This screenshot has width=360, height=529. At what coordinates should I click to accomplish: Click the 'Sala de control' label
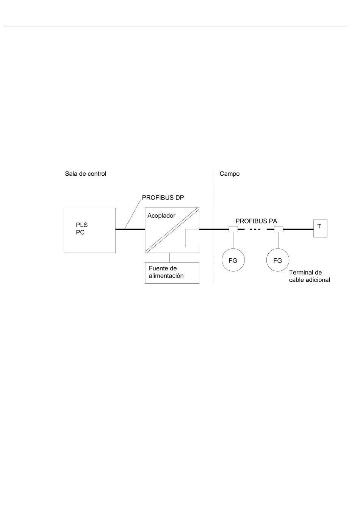pyautogui.click(x=86, y=174)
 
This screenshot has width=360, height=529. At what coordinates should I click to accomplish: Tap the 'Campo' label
pyautogui.click(x=230, y=174)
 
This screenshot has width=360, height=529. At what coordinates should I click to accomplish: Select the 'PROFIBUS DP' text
pyautogui.click(x=163, y=198)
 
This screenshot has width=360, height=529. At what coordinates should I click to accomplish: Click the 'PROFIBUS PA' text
pyautogui.click(x=256, y=221)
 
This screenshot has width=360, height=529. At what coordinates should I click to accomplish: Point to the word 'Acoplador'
pyautogui.click(x=161, y=215)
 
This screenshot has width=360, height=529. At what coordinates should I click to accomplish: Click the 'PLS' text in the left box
pyautogui.click(x=82, y=225)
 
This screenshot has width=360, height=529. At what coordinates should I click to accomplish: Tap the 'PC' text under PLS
pyautogui.click(x=80, y=233)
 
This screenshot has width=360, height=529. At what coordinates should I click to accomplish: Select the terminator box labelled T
pyautogui.click(x=320, y=228)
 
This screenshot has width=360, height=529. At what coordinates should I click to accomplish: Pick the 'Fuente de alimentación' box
pyautogui.click(x=172, y=273)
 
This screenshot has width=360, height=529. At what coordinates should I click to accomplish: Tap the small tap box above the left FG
pyautogui.click(x=233, y=229)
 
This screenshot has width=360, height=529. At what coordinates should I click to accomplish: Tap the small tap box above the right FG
pyautogui.click(x=279, y=229)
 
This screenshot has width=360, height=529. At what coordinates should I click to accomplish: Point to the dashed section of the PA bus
pyautogui.click(x=256, y=229)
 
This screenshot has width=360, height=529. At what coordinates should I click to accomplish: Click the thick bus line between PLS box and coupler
pyautogui.click(x=130, y=229)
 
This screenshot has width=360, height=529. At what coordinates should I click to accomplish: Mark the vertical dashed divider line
pyautogui.click(x=214, y=227)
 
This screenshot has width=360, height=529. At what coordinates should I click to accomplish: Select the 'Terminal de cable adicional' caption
pyautogui.click(x=310, y=276)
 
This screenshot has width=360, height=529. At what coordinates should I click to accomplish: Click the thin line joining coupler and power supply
pyautogui.click(x=169, y=257)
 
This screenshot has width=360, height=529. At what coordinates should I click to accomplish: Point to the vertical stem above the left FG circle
pyautogui.click(x=233, y=240)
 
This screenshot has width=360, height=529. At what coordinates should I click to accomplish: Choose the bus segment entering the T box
pyautogui.click(x=298, y=229)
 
